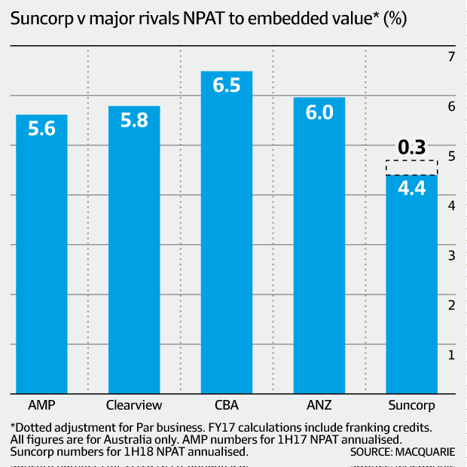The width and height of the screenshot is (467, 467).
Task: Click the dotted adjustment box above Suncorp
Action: coord(411,168)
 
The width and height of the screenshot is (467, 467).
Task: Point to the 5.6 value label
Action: coord(41,129)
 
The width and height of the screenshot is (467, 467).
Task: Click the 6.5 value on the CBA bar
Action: coord(227,85)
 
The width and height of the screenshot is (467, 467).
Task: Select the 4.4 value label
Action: coord(411,189)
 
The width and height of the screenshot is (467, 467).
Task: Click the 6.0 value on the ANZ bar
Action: coord(319,112)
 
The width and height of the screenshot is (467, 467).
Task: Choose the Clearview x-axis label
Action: coord(134,404)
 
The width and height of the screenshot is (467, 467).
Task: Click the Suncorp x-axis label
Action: coord(411,404)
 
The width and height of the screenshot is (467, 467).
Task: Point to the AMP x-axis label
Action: coord(41,404)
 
